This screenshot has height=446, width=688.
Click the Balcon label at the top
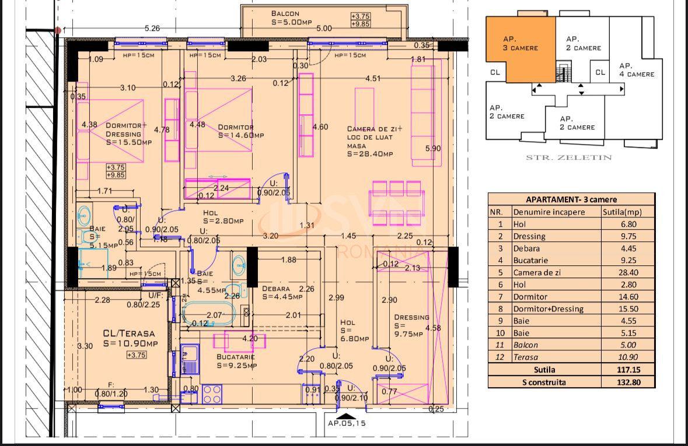(x=285, y=13)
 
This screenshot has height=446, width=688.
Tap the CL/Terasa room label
(x=128, y=338)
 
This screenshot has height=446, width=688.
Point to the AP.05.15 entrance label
(x=346, y=424)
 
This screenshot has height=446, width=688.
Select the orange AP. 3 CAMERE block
(x=521, y=47)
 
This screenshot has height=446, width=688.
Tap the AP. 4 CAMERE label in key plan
(x=636, y=70)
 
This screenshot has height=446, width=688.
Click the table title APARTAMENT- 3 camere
(x=571, y=199)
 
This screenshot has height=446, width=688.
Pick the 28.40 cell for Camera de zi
(x=628, y=272)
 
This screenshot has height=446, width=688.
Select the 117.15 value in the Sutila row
(x=628, y=370)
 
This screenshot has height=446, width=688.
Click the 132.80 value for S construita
(x=628, y=382)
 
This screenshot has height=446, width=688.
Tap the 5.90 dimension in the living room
(x=434, y=148)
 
